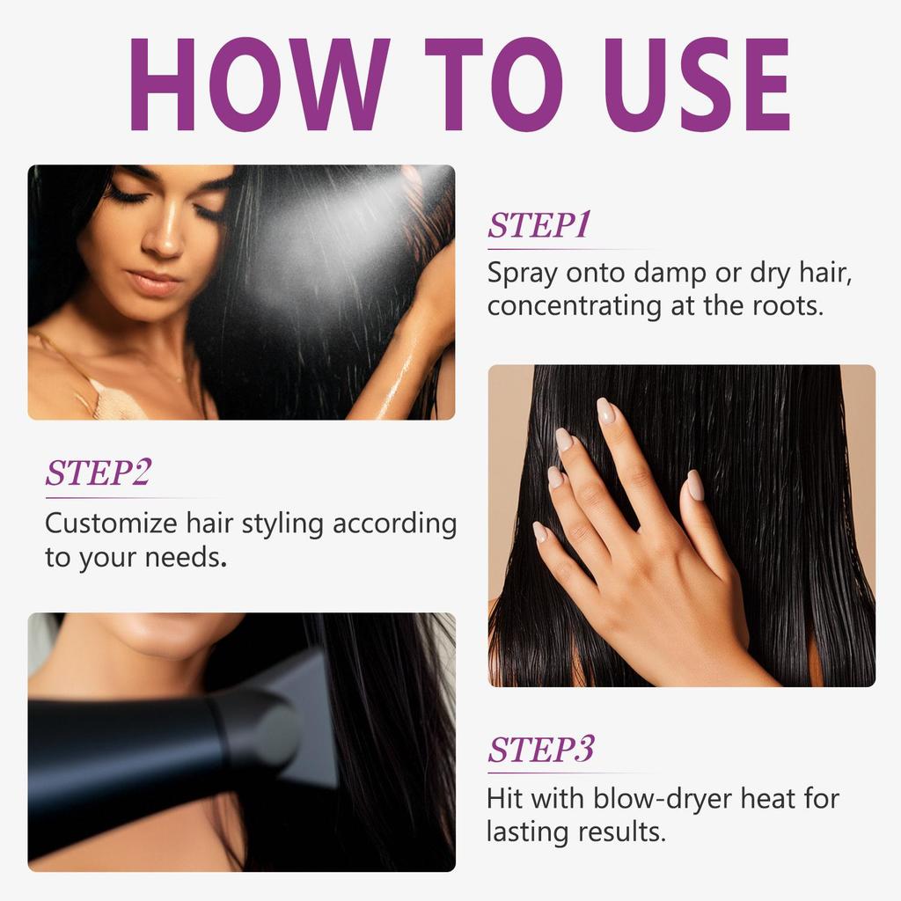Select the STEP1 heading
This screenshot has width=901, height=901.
[538, 225]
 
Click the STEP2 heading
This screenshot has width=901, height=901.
[98, 472]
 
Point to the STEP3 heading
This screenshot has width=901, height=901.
[541, 750]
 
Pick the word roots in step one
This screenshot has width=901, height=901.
[787, 307]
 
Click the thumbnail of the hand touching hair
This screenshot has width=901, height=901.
[681, 525]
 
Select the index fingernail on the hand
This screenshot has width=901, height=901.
[605, 410]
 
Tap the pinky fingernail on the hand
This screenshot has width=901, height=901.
[539, 531]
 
